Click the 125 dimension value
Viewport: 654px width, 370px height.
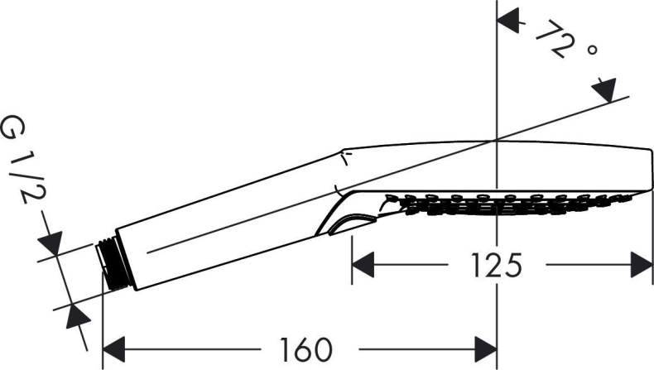coord(497,266)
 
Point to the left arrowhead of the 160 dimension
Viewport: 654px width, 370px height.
coord(112,347)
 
